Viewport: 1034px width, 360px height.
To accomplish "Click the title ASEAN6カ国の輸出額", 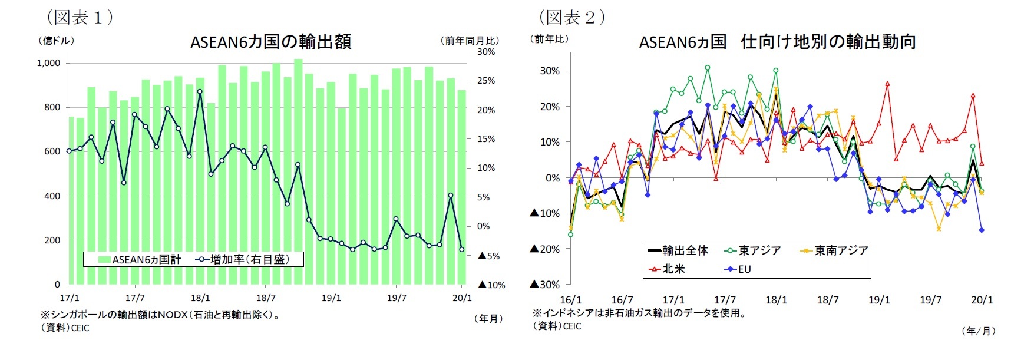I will click(x=270, y=42).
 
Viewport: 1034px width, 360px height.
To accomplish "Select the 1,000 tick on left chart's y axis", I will click(x=48, y=63).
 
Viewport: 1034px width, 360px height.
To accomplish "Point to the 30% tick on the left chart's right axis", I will click(x=486, y=52).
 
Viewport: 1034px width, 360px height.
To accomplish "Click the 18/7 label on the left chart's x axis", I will click(x=266, y=298).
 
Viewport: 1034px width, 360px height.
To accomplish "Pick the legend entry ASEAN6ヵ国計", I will click(x=140, y=259).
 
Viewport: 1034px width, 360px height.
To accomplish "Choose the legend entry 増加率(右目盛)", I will click(x=243, y=259).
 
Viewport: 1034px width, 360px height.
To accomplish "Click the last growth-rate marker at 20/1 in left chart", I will click(x=461, y=249).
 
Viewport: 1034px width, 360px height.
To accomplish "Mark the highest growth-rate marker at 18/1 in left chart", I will click(x=200, y=91).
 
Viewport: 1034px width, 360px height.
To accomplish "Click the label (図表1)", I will click(x=80, y=17).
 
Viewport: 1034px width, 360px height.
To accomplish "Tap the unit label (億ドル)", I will click(x=56, y=41).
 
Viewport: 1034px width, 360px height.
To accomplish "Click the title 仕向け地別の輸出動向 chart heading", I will click(x=777, y=42).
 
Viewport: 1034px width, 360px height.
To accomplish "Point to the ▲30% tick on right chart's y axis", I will click(x=544, y=284).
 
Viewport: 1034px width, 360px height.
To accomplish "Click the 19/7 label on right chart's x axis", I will click(x=930, y=300).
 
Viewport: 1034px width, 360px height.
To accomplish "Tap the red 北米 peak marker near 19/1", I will click(x=887, y=84).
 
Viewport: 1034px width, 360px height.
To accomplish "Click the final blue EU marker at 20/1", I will click(x=982, y=230).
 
